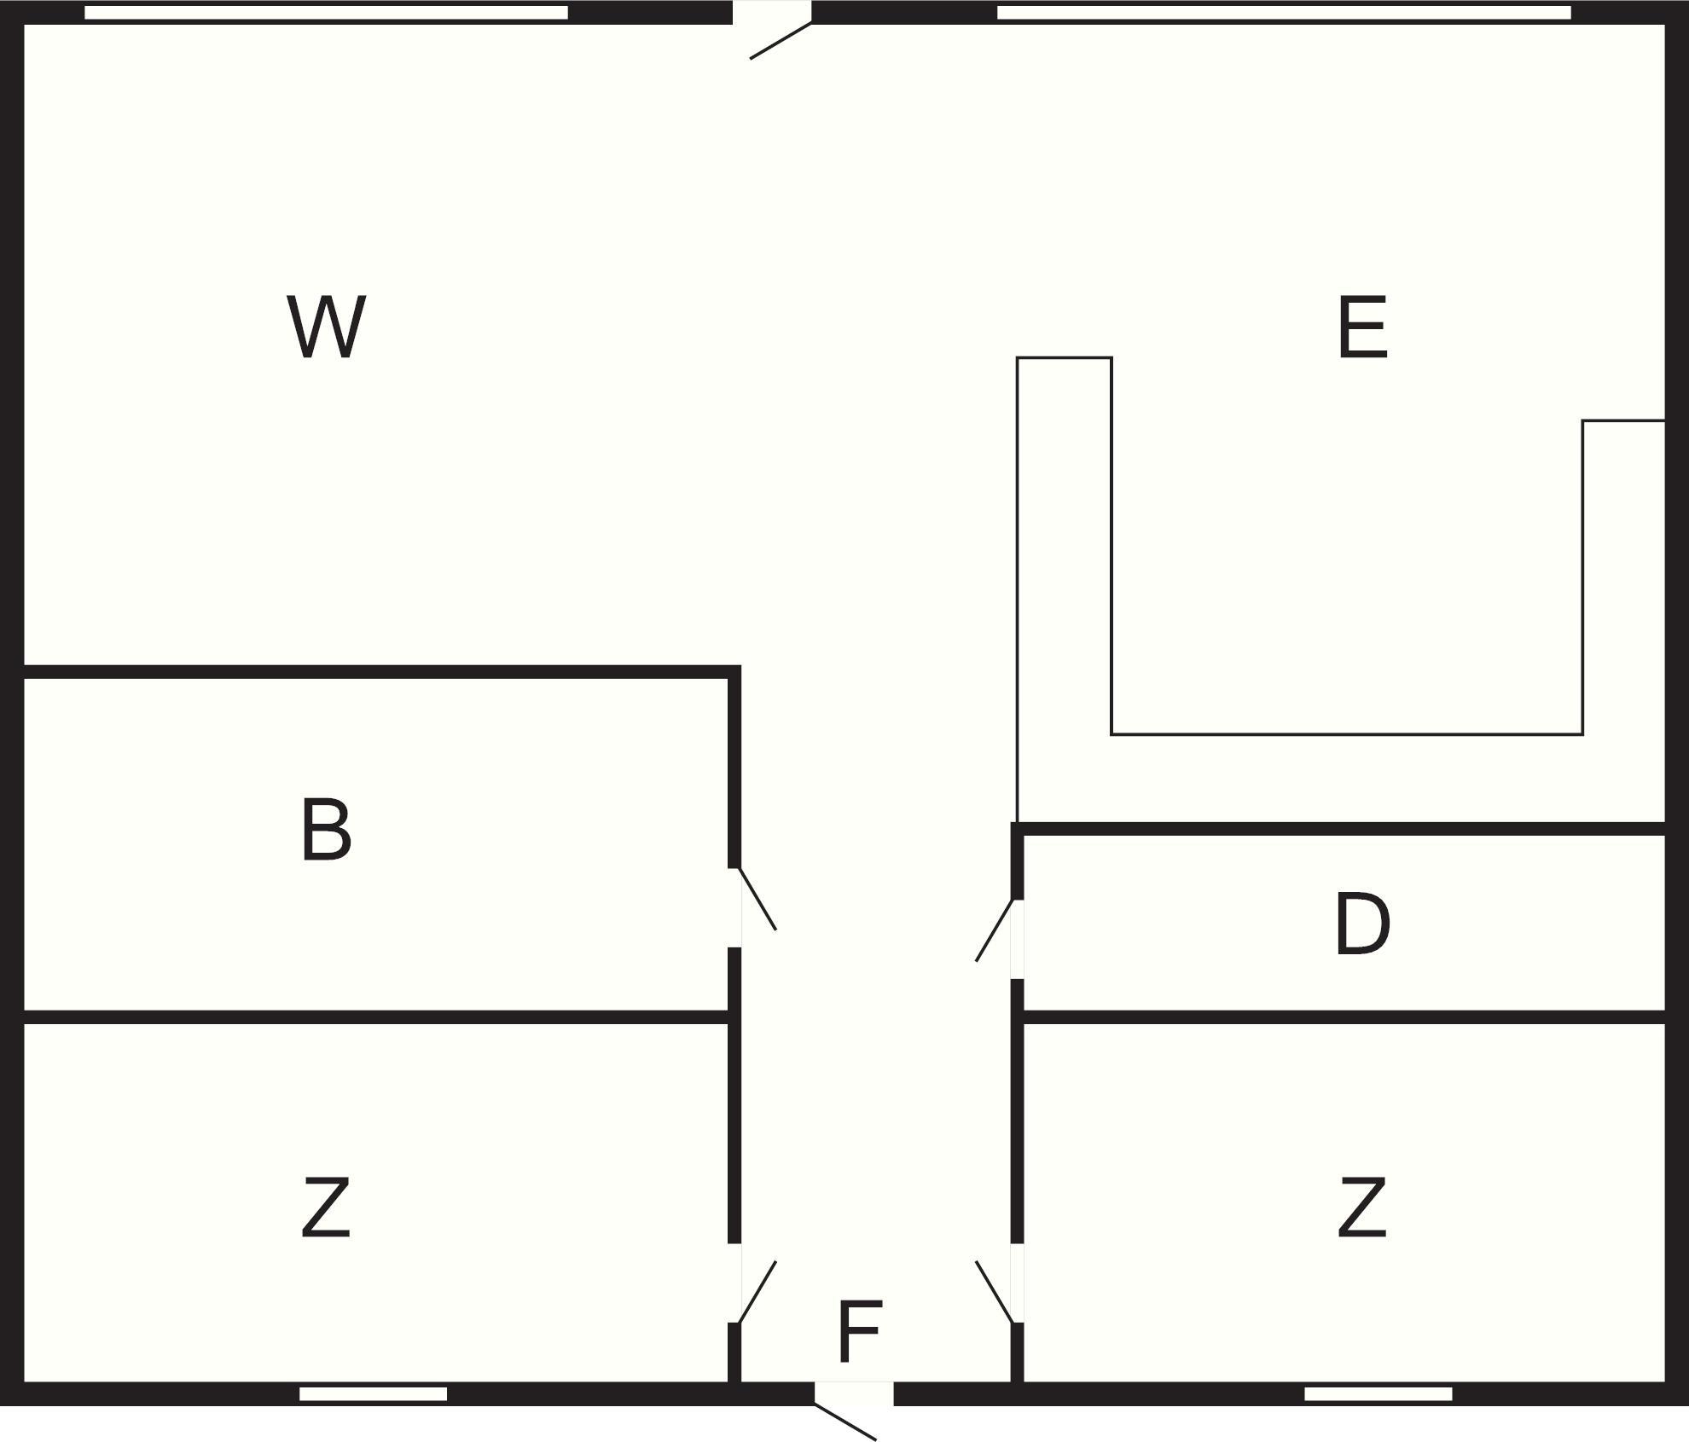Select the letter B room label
click(326, 829)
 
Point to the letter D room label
click(1362, 924)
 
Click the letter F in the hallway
click(860, 1331)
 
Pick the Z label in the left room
click(326, 1207)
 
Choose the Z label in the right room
click(1362, 1207)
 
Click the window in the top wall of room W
click(326, 13)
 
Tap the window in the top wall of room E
click(1284, 13)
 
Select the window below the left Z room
click(373, 1393)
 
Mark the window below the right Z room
click(1378, 1393)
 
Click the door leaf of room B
click(757, 899)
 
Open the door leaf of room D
click(995, 930)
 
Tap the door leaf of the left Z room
click(757, 1292)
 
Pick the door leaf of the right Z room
click(995, 1292)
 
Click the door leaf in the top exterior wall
click(781, 41)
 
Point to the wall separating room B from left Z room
click(376, 1016)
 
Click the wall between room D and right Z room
click(1344, 1016)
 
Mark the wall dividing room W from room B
click(376, 672)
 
